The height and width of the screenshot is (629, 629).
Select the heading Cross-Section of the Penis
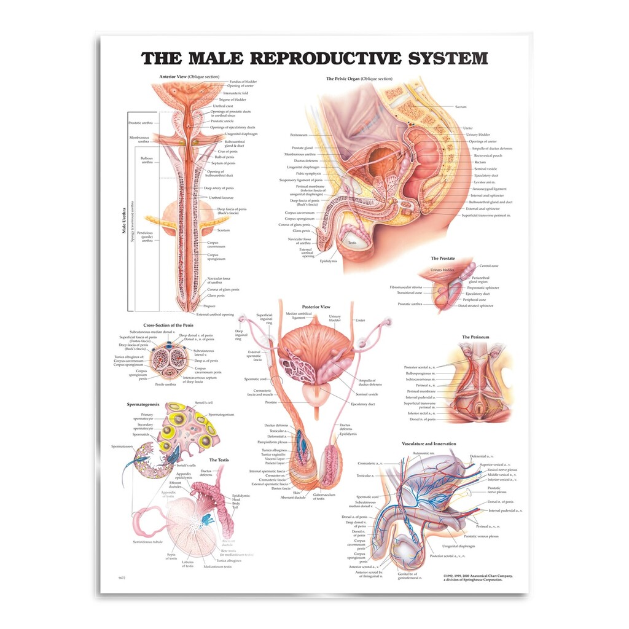pos(168,325)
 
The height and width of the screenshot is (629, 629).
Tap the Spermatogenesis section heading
pos(143,405)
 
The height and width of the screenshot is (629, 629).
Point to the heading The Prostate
pos(443,259)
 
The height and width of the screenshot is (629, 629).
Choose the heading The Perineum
pos(475,337)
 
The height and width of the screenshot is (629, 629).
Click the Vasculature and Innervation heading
pos(429,443)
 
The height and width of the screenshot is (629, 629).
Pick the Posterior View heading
pos(316,307)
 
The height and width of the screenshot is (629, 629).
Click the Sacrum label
pos(461,107)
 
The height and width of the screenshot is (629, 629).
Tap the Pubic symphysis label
pos(309,174)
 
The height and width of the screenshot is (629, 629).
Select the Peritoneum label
pos(299,135)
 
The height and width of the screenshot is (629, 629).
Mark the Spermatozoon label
pos(123,447)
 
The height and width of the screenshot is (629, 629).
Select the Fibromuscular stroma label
pos(407,287)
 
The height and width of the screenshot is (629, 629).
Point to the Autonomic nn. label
pos(423,453)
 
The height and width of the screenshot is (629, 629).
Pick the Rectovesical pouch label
pos(488,155)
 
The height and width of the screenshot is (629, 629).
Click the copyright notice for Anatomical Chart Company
pos(477,577)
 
